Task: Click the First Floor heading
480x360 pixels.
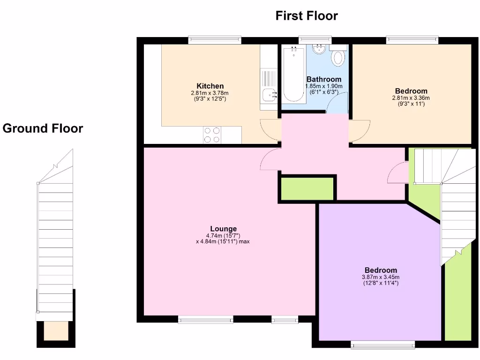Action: point(307,16)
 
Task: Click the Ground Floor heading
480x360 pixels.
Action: point(43,128)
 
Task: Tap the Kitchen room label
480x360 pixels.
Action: point(210,86)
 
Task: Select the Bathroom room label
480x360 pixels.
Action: point(323,79)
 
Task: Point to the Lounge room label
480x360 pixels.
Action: point(223,229)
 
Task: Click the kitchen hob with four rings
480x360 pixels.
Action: point(212,135)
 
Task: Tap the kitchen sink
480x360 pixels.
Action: point(270,94)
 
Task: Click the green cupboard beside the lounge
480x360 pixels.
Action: point(307,189)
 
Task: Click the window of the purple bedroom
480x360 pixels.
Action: point(383,345)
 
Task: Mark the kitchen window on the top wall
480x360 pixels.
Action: point(215,40)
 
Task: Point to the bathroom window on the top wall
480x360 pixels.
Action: point(315,40)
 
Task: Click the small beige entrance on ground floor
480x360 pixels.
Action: point(56,331)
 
